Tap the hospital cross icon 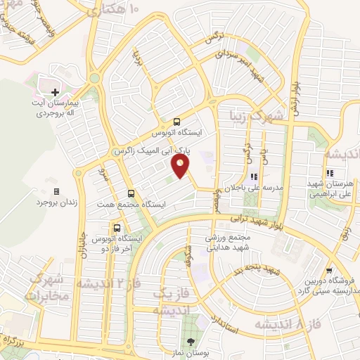[x=55, y=91]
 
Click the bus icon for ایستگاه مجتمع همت [x=131, y=193]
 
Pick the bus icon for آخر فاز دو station [x=116, y=228]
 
